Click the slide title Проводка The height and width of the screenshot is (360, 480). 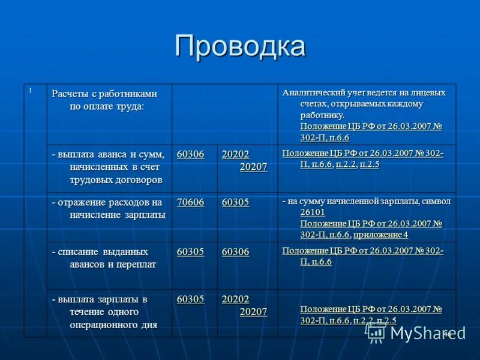239,46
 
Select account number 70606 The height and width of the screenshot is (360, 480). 190,203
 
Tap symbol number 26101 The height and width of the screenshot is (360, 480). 313,212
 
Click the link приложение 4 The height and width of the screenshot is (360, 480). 380,235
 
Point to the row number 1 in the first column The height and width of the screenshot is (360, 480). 30,91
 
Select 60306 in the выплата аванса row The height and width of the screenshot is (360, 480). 190,155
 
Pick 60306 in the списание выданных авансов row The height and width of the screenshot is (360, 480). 235,252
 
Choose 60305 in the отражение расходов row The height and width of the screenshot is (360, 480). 235,203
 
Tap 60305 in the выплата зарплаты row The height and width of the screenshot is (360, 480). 190,299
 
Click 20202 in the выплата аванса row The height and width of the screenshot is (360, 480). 235,155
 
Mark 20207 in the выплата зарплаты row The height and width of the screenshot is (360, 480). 253,311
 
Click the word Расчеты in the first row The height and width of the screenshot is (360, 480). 70,94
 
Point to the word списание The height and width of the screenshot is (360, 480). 79,252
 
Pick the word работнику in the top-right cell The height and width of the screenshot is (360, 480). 322,115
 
